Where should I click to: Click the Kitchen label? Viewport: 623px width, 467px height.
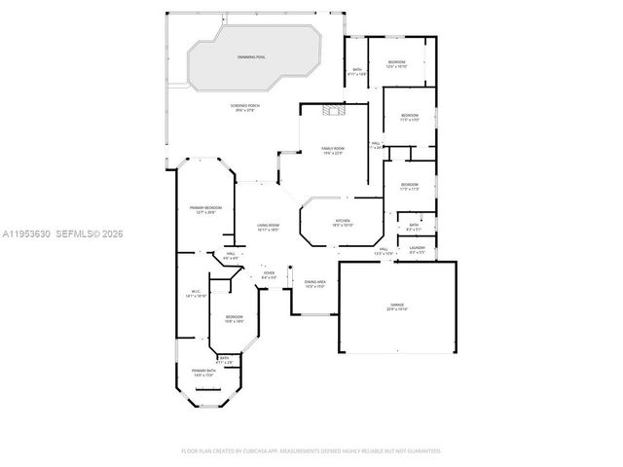(x=343, y=222)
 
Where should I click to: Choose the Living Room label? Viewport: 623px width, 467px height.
(x=269, y=228)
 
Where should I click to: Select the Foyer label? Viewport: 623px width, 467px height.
(x=269, y=274)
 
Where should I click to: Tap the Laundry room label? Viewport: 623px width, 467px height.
(x=417, y=248)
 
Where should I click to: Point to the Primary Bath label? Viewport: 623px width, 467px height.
(x=202, y=372)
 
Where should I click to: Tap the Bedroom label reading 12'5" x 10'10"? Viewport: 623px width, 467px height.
(x=396, y=63)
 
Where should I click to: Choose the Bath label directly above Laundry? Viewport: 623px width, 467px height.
(x=414, y=227)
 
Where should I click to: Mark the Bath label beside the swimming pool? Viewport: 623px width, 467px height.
(x=357, y=70)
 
